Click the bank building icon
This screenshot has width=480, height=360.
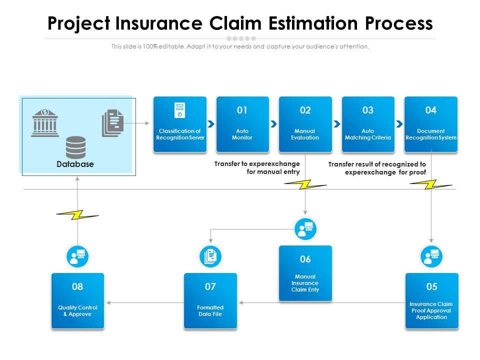click(45, 122)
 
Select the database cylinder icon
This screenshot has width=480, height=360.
click(76, 147)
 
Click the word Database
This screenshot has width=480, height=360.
click(75, 164)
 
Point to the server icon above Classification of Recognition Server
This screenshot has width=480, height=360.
click(179, 110)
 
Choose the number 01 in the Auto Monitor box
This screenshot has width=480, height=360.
click(242, 110)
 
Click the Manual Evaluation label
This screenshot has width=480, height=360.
click(305, 134)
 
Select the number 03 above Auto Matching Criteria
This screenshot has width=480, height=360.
click(368, 110)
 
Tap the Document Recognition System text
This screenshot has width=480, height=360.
click(431, 134)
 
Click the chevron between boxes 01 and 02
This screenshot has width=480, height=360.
click(274, 124)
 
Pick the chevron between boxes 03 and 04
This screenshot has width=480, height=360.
click(399, 124)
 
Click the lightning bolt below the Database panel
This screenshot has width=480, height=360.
click(77, 215)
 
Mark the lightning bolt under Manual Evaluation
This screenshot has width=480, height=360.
click(305, 184)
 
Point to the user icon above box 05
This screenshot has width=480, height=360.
click(431, 256)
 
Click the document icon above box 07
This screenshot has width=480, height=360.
click(210, 256)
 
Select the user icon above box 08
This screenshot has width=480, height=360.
click(77, 256)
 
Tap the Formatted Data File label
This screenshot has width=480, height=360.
click(210, 311)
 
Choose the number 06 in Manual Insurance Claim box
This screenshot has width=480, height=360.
click(305, 259)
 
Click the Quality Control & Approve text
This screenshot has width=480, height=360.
click(77, 311)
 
